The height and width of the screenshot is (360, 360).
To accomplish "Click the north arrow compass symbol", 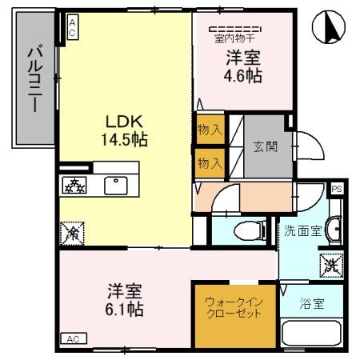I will click(x=332, y=27).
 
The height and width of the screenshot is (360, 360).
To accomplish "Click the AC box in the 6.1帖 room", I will click(x=72, y=338).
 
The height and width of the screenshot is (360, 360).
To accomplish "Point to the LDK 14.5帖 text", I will click(x=125, y=129).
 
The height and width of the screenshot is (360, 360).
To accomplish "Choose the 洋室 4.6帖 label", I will click(x=242, y=66).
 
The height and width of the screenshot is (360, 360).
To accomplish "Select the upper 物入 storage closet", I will click(x=209, y=130).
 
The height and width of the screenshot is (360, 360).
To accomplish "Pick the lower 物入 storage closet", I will click(x=209, y=163).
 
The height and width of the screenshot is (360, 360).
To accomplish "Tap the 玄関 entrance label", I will click(x=266, y=147).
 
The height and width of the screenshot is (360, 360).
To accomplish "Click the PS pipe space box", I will click(x=337, y=189).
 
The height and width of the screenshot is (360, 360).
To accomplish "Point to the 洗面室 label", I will click(x=303, y=231).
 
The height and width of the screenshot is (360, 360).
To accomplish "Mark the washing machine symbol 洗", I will click(x=330, y=263).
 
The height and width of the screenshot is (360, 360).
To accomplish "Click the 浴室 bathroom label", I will click(x=311, y=303).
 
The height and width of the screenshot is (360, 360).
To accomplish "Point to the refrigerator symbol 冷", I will click(x=70, y=234).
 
